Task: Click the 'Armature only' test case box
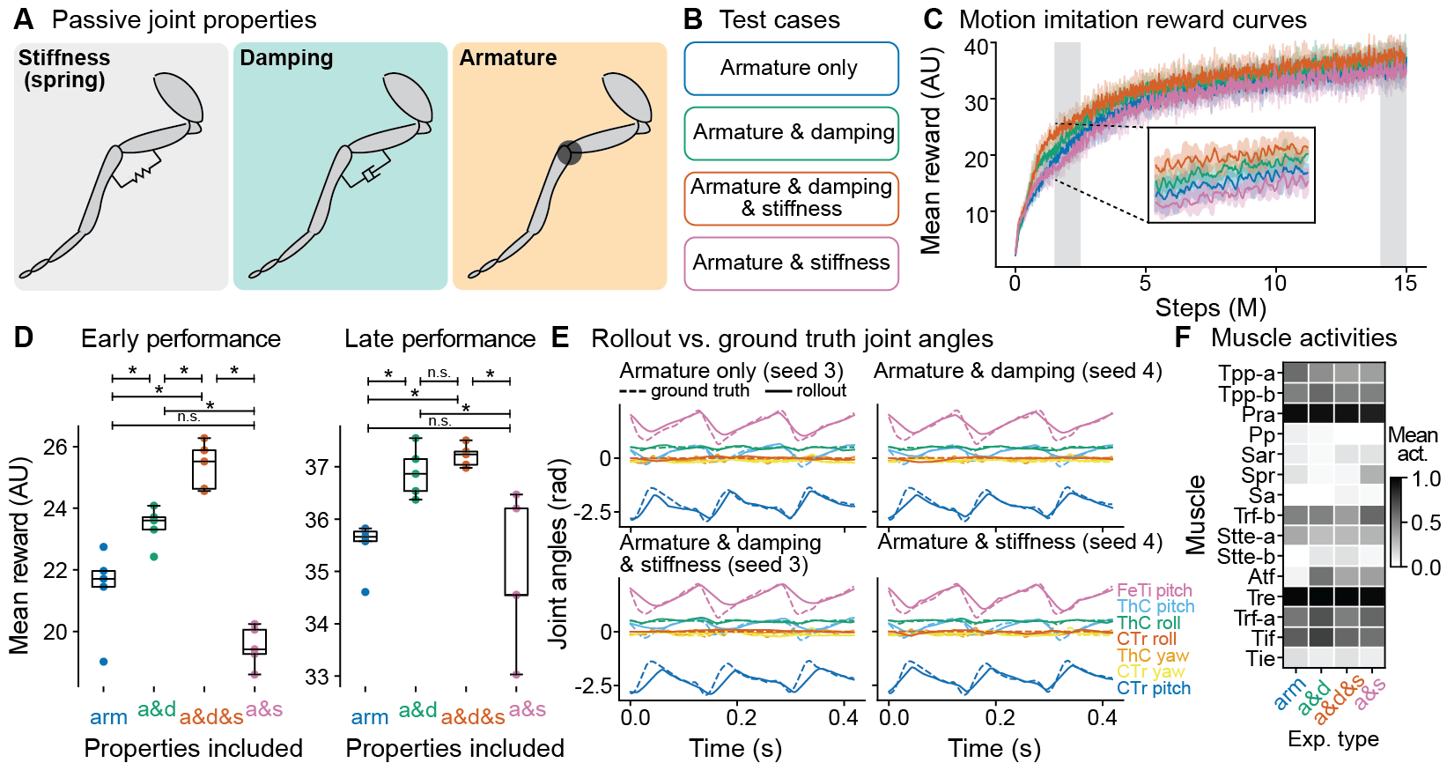[x=790, y=69]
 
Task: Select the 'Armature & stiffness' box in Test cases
[x=790, y=263]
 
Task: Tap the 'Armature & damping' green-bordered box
[x=793, y=133]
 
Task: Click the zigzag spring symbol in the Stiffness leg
[x=140, y=174]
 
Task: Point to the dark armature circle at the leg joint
[x=569, y=153]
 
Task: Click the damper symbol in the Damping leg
[x=369, y=175]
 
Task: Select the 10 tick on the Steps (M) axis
[x=1274, y=283]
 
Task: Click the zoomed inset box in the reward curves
[x=1231, y=174]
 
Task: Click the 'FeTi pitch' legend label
[x=1154, y=590]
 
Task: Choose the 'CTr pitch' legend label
[x=1153, y=688]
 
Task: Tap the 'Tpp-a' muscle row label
[x=1246, y=374]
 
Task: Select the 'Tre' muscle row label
[x=1260, y=597]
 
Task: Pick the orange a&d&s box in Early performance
[x=204, y=470]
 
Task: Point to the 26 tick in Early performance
[x=55, y=447]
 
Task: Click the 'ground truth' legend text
[x=699, y=390]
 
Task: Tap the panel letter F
[x=1183, y=337]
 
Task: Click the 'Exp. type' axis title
[x=1333, y=738]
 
